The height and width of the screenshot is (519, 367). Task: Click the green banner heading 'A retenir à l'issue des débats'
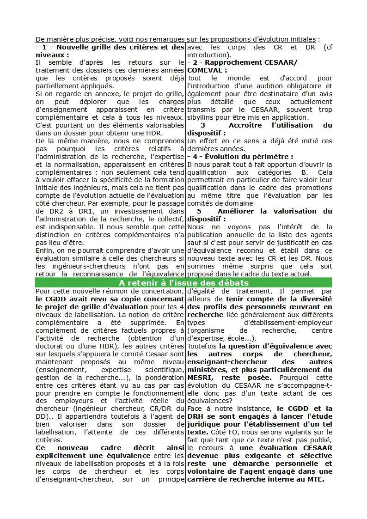pyautogui.click(x=183, y=283)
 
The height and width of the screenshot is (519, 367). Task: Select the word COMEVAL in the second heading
pyautogui.click(x=204, y=70)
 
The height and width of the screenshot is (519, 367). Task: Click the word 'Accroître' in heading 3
pyautogui.click(x=247, y=125)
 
